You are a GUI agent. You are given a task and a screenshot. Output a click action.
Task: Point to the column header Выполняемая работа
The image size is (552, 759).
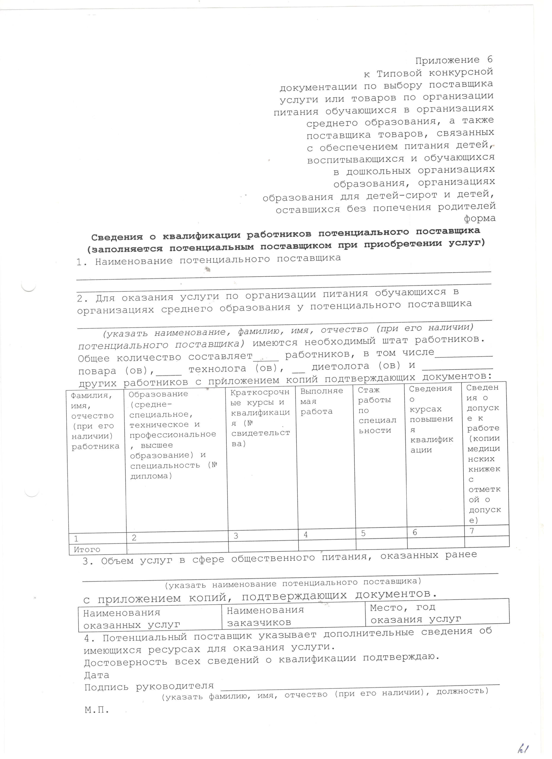pos(321,401)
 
